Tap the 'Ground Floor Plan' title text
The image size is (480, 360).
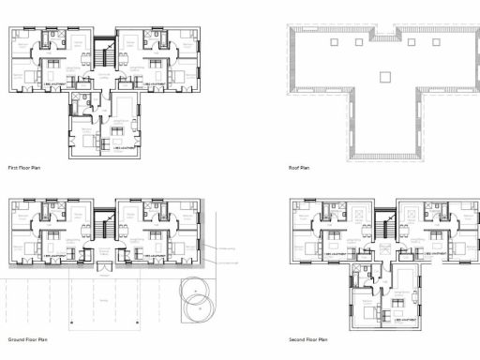click(x=27, y=338)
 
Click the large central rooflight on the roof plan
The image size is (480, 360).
click(x=384, y=75)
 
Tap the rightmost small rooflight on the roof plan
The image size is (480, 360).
click(x=438, y=41)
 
